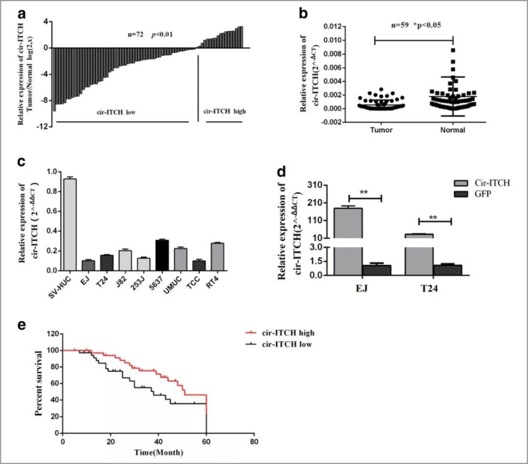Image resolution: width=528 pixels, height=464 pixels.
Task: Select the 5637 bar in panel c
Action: (162, 255)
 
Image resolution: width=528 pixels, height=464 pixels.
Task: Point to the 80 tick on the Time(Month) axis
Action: (253, 441)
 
